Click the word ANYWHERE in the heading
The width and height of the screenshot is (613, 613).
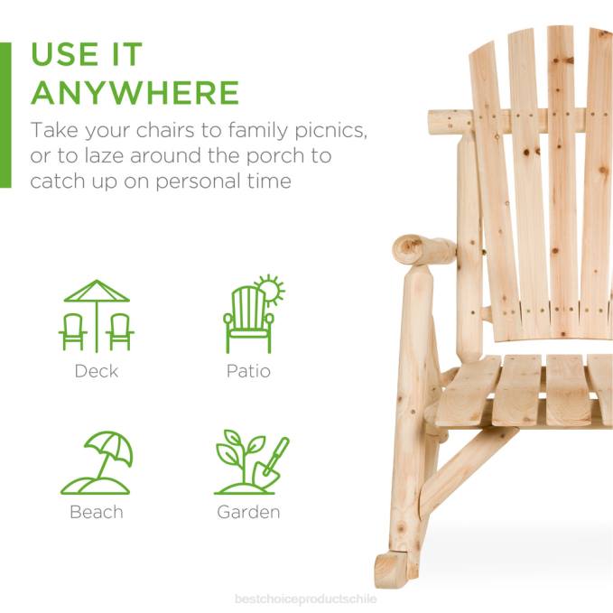[x=135, y=93]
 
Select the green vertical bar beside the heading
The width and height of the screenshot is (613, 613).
[x=5, y=114]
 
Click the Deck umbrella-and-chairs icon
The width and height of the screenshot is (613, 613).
[x=97, y=315]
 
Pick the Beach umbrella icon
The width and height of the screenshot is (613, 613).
[x=97, y=462]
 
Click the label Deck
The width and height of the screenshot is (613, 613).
[x=97, y=370]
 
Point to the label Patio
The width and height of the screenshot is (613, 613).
[x=248, y=370]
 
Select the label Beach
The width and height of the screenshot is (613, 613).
[x=97, y=512]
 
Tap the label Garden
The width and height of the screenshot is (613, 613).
[x=248, y=512]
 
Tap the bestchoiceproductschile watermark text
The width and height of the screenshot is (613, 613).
[x=306, y=599]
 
